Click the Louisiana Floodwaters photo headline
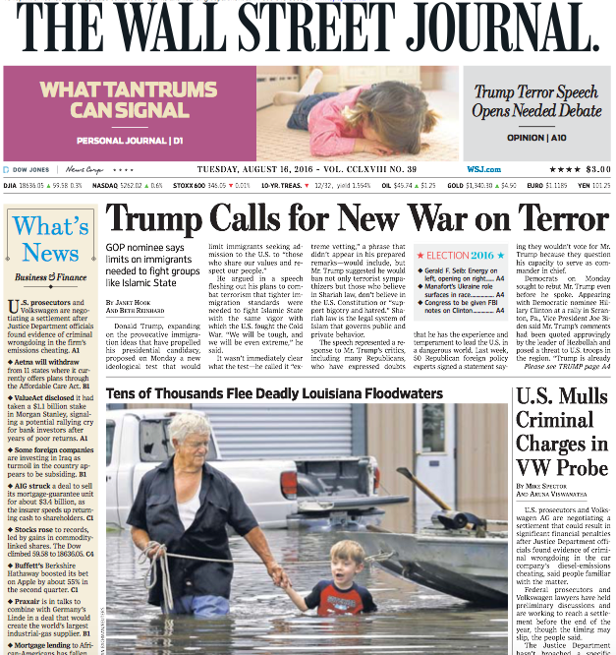(274, 393)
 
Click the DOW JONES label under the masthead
(32, 169)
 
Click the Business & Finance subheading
(51, 278)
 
